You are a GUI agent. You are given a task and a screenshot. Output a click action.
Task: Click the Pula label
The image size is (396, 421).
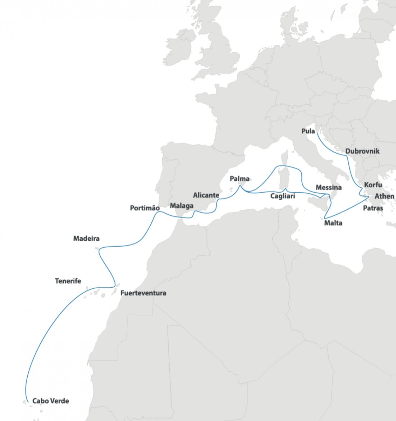308,131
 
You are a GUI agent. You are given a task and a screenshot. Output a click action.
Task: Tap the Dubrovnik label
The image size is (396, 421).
362,151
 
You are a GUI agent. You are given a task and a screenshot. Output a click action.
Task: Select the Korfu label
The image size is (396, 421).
373,185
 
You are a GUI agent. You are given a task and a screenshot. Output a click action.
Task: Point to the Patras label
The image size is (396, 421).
373,208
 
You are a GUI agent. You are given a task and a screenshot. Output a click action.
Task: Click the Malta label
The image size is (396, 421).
333,223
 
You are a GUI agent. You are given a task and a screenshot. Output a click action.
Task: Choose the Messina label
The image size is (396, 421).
328,188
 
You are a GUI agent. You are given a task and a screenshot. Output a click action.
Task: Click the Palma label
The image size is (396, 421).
239,179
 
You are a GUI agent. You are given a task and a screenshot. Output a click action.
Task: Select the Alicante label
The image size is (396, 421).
206,195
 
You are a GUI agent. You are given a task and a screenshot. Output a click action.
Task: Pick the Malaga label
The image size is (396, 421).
182,206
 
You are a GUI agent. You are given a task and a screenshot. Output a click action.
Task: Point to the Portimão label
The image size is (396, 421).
145,208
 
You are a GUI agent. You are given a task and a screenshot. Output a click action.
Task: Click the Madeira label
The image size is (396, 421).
86,239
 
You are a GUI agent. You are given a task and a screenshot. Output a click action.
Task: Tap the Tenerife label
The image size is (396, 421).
68,281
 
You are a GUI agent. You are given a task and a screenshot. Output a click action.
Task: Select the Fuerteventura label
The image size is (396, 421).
143,293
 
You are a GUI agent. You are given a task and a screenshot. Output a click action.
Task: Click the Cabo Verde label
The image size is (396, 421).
50,401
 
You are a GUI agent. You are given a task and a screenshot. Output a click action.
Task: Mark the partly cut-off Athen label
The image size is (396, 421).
384,196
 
